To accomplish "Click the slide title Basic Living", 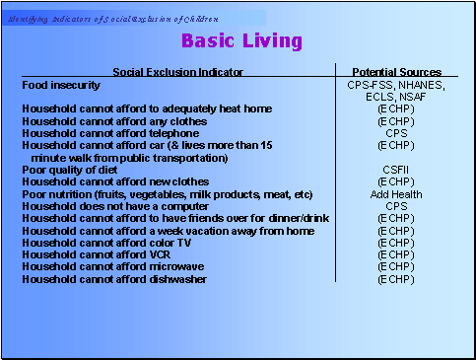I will tap(241, 41).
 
